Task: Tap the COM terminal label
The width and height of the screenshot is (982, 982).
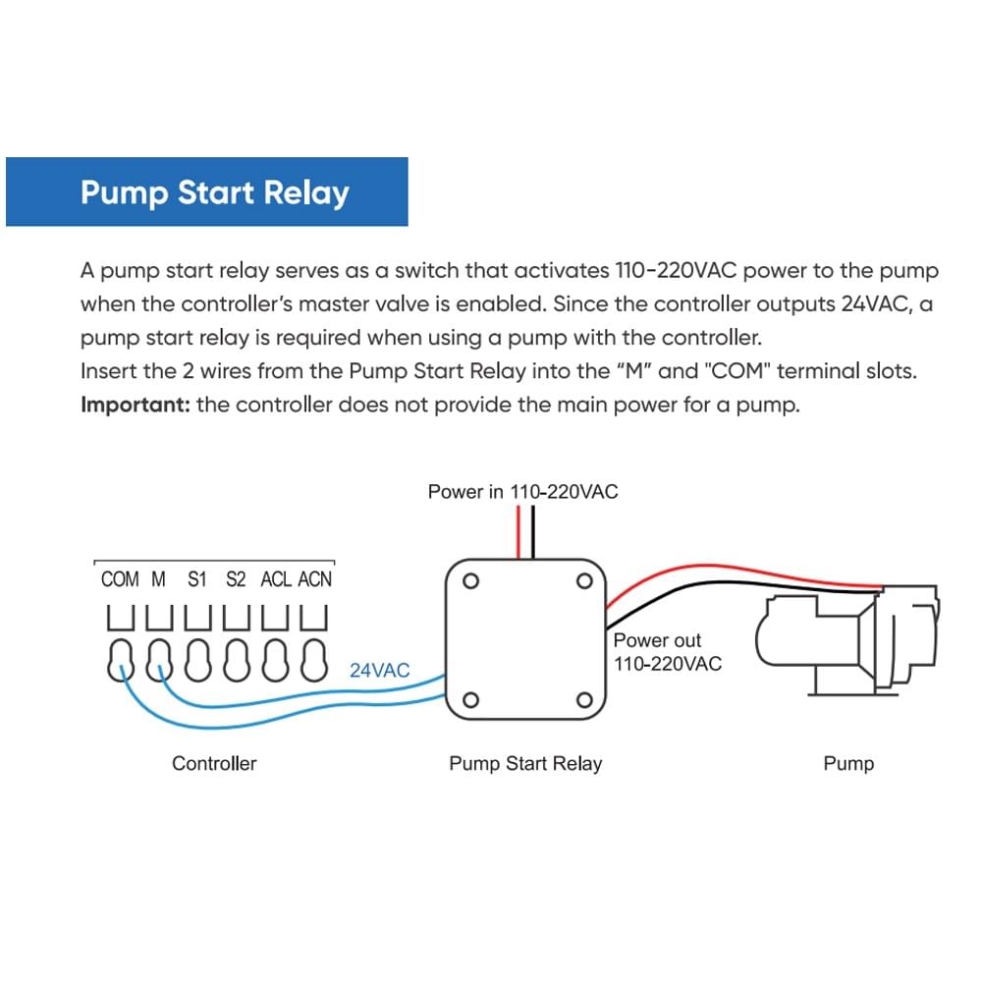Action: [120, 579]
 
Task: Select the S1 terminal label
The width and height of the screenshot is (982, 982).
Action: [197, 579]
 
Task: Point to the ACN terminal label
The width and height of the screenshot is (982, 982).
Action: [314, 579]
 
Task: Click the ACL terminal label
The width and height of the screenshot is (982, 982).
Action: [275, 579]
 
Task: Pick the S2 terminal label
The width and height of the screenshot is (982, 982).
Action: [236, 579]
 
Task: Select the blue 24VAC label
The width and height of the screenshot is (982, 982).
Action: [379, 671]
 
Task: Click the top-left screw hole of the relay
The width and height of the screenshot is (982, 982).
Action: [470, 580]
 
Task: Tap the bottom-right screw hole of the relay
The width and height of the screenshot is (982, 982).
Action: [584, 700]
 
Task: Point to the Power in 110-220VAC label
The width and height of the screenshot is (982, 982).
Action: [522, 491]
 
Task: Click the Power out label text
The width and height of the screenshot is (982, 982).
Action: [658, 640]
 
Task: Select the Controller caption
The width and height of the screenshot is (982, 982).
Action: [214, 763]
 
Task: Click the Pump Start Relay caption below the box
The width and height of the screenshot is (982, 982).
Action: [525, 763]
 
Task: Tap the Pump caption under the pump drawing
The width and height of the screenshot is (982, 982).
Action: [848, 763]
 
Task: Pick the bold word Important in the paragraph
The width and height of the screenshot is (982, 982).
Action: [135, 405]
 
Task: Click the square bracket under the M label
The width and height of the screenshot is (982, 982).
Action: [158, 617]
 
